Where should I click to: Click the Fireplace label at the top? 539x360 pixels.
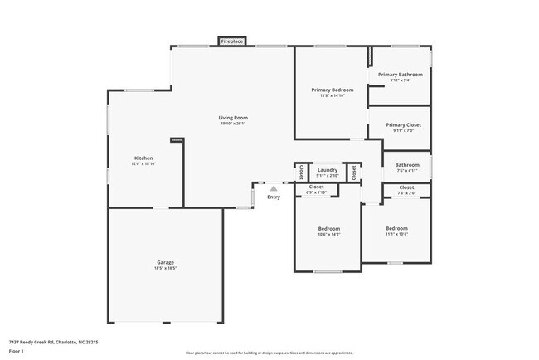[x=231, y=41]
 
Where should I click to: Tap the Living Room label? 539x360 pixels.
[x=233, y=118]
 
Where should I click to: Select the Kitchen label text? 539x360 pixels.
[x=143, y=158]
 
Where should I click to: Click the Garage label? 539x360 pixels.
[x=165, y=262]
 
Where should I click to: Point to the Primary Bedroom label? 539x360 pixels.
[x=333, y=90]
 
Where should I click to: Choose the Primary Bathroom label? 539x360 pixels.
[x=400, y=75]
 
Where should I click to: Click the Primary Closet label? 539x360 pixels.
[x=404, y=124]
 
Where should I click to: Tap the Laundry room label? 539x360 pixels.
[x=328, y=169]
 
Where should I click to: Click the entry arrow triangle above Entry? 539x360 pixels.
[x=274, y=188]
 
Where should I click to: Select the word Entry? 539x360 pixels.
[x=274, y=197]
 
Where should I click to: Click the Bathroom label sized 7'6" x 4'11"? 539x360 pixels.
[x=406, y=164]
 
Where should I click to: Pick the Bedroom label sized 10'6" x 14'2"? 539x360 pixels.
[x=328, y=228]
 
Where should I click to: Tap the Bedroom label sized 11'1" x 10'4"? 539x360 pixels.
[x=396, y=228]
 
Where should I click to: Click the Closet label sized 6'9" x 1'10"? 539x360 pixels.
[x=316, y=187]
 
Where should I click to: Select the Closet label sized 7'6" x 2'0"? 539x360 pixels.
[x=406, y=187]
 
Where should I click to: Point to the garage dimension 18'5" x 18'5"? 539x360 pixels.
[x=165, y=269]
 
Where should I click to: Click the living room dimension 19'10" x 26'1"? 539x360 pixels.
[x=233, y=124]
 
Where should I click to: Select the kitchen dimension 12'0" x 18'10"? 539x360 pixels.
[x=143, y=164]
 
